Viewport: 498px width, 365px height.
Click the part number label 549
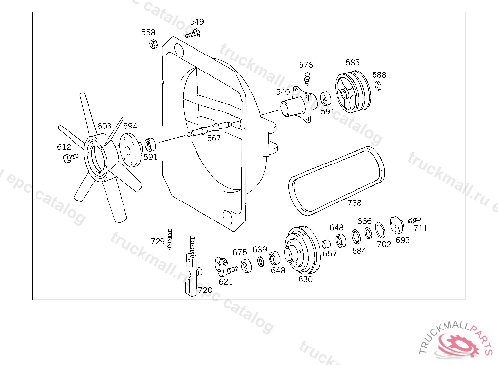pos(197,22)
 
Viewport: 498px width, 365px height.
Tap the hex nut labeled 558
pos(152,44)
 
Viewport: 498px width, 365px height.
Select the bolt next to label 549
pos(193,34)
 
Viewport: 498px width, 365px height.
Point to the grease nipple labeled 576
pos(307,77)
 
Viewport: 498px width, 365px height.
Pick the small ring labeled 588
pos(378,86)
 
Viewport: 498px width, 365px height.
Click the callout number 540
pos(283,92)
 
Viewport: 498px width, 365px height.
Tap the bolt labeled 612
pos(70,157)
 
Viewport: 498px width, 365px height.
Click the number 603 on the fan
pos(104,126)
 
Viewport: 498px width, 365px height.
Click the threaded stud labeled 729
pos(170,238)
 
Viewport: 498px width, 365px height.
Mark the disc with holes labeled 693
pos(396,224)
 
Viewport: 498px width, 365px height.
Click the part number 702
pos(384,244)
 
